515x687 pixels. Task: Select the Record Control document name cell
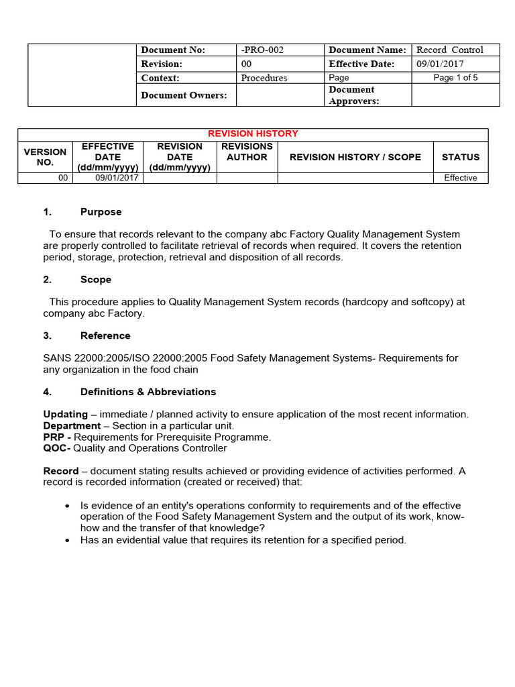449,50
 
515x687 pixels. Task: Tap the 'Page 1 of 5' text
455,78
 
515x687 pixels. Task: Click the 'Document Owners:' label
184,95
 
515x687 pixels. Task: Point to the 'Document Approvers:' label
353,95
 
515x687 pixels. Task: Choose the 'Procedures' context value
264,78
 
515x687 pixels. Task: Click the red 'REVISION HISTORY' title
253,134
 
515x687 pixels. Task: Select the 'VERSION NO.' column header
45,157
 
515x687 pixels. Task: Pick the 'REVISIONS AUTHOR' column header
247,152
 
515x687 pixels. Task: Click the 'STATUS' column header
461,157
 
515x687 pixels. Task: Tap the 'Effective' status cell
461,178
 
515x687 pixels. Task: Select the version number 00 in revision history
63,178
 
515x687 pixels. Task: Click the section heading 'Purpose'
101,212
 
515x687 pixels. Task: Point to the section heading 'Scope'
96,280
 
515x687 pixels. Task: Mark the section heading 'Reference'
105,335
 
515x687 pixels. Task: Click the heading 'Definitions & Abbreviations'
148,392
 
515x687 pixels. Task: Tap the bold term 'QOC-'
57,448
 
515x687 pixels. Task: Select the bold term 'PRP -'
57,437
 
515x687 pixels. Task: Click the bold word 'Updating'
65,415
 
